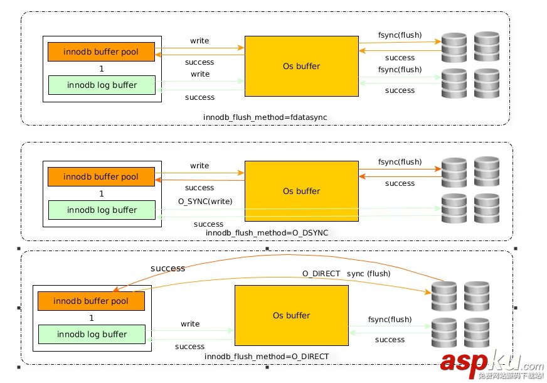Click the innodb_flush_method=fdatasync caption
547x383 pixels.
(x=265, y=117)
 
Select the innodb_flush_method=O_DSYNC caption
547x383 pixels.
(x=267, y=233)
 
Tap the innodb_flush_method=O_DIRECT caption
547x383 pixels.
(x=267, y=357)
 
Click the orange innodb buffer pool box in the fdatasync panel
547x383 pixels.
(x=101, y=51)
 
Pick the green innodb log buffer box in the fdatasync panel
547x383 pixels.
(x=101, y=85)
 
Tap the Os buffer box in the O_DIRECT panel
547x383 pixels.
(x=291, y=315)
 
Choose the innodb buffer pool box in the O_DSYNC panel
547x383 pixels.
(x=101, y=177)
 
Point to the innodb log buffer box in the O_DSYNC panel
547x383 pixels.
(x=101, y=210)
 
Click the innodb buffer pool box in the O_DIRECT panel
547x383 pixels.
(x=91, y=301)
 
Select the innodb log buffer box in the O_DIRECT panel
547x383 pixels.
(x=92, y=334)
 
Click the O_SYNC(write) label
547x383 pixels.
(x=205, y=201)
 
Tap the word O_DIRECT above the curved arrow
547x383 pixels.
(x=321, y=274)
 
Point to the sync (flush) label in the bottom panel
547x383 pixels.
(x=368, y=274)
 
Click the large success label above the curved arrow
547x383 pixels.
(x=167, y=268)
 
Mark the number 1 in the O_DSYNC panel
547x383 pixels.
(x=101, y=194)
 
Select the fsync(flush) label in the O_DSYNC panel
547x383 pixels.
(x=400, y=162)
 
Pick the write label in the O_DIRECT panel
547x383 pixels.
(x=190, y=324)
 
